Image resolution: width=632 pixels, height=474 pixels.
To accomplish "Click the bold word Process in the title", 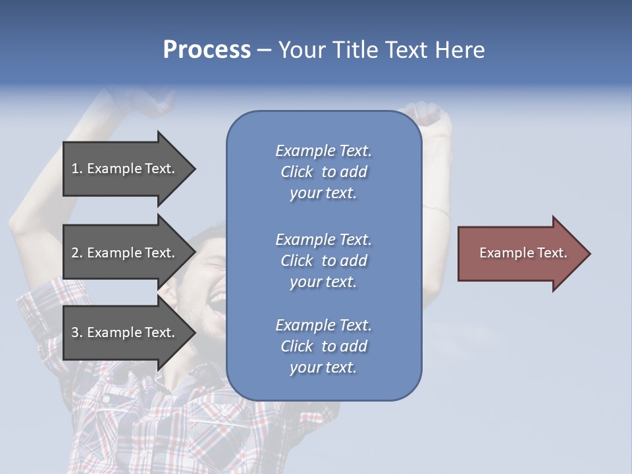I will [207, 50].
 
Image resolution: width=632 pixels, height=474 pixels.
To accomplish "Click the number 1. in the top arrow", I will [77, 169].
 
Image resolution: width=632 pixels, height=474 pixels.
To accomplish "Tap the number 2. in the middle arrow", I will [77, 253].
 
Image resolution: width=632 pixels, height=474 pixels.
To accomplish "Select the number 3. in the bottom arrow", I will [77, 332].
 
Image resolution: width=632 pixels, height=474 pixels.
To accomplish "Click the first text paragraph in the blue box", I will [323, 172].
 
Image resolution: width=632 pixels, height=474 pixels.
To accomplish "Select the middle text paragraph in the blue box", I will [323, 261].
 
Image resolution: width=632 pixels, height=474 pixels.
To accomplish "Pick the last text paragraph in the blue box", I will [323, 346].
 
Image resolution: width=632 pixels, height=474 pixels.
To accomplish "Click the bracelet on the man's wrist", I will [437, 210].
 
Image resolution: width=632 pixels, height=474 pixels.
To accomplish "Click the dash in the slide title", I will [264, 51].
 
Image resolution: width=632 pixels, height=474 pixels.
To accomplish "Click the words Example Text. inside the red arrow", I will [523, 253].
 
